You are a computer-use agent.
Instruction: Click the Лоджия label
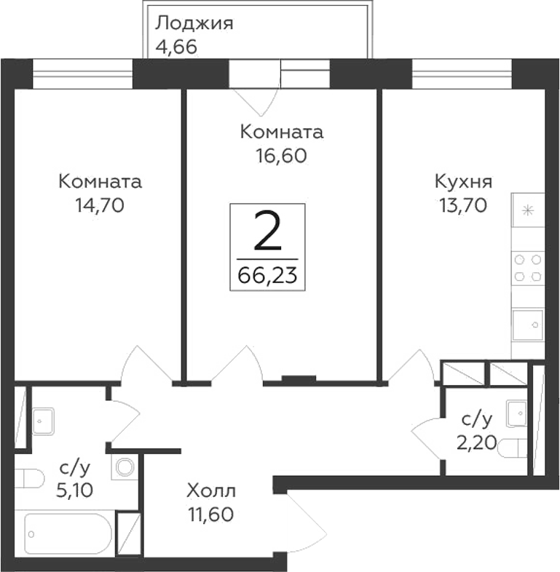(x=194, y=23)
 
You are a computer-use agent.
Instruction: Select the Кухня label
(x=463, y=181)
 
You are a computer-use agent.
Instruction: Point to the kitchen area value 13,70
(x=462, y=205)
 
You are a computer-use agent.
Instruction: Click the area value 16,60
(x=281, y=156)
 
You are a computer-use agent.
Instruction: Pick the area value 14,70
(x=100, y=205)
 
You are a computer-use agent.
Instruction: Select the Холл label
(x=210, y=490)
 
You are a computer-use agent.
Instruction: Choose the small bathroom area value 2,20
(x=477, y=442)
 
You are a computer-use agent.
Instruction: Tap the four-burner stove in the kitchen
(x=527, y=267)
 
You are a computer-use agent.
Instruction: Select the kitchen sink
(x=527, y=324)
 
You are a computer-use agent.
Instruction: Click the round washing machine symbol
(x=125, y=467)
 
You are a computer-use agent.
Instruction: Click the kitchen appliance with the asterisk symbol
(x=527, y=211)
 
